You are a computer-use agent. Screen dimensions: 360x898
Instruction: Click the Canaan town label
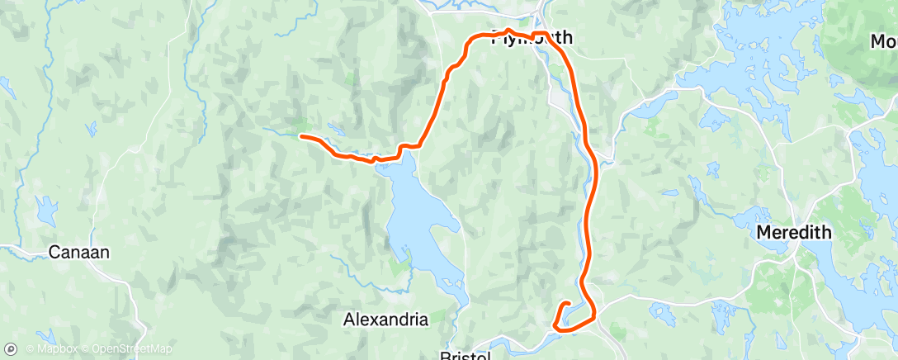click(79, 252)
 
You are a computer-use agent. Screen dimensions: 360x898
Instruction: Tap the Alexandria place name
click(385, 319)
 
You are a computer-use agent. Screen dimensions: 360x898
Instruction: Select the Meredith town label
click(794, 234)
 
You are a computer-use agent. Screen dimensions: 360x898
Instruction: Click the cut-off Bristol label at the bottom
click(466, 355)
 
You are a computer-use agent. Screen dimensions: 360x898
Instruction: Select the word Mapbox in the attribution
click(51, 348)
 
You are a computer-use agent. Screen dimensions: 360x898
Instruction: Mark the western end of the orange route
click(301, 136)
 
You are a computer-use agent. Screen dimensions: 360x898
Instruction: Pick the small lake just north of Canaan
click(40, 206)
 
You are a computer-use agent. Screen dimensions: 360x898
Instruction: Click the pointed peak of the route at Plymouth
click(509, 31)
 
